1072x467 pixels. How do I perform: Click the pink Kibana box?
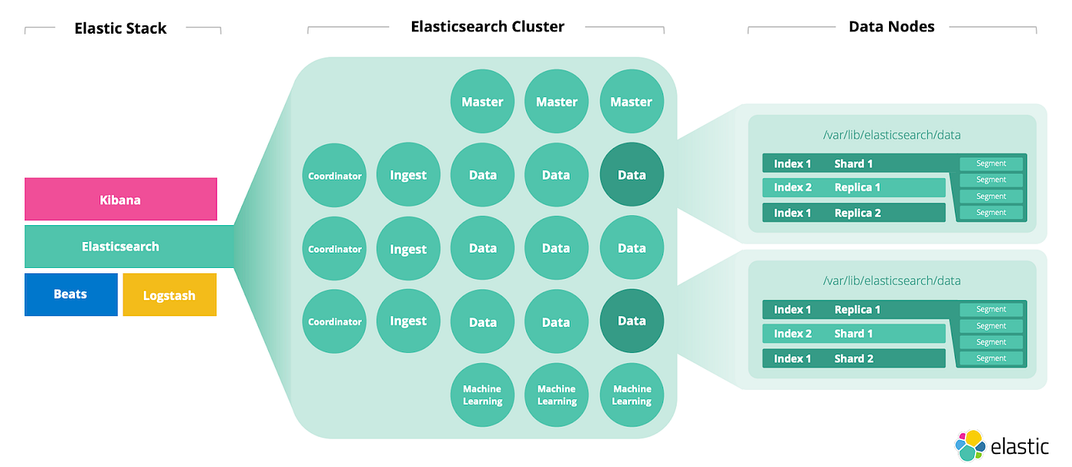120,200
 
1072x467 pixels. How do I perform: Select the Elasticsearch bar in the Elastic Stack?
120,247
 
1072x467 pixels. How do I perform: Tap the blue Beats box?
70,295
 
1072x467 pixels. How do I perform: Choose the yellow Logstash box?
169,296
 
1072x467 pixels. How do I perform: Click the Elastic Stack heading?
120,29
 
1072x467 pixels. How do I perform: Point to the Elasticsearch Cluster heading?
487,27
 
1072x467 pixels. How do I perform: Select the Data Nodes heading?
891,27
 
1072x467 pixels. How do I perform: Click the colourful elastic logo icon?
969,446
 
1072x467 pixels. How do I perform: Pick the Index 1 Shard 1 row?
854,164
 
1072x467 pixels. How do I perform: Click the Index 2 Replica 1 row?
854,188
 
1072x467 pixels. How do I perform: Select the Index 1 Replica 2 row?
854,213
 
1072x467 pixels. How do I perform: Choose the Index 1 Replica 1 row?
854,310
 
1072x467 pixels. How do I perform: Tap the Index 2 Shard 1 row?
854,334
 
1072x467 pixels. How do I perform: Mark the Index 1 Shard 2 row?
854,358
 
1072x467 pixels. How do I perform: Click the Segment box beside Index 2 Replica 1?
991,180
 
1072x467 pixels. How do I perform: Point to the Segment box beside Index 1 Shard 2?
991,358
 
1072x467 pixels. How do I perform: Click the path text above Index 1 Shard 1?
891,136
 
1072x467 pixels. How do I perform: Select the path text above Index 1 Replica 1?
891,281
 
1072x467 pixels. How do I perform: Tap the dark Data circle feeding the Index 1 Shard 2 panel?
632,322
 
